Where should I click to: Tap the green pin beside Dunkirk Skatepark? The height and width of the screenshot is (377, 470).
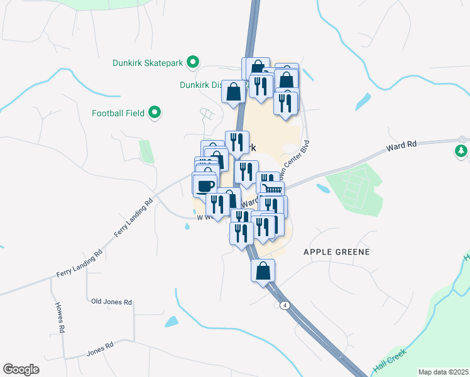click(x=193, y=62)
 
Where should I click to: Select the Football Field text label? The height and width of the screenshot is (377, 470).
click(x=118, y=114)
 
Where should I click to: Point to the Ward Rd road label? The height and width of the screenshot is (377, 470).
click(x=403, y=146)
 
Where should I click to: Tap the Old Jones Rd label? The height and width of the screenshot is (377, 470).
click(x=111, y=302)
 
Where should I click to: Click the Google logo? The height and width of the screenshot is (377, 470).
click(x=21, y=369)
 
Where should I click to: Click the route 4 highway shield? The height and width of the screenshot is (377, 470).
click(x=285, y=305)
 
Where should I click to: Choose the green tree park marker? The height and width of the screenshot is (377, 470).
click(x=461, y=151)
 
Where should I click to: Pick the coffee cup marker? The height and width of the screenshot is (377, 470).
click(x=205, y=185)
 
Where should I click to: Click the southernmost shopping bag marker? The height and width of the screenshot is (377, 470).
click(x=263, y=271)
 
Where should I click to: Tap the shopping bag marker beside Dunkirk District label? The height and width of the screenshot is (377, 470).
click(x=234, y=92)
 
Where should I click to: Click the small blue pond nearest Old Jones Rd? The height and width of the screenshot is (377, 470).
click(x=171, y=322)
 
